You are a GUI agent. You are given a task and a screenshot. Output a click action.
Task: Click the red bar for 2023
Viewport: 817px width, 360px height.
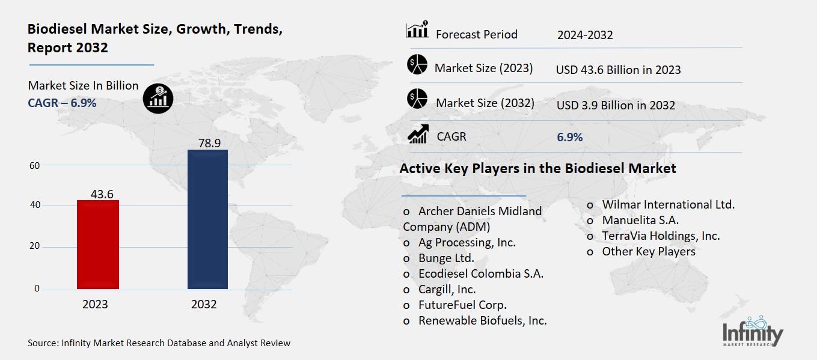[97, 245]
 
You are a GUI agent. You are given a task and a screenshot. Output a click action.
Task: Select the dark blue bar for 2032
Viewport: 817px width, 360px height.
[207, 219]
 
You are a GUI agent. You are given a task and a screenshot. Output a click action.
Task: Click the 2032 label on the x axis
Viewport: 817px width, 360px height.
[204, 304]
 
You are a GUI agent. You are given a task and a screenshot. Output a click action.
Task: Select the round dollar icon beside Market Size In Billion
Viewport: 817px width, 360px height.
[158, 97]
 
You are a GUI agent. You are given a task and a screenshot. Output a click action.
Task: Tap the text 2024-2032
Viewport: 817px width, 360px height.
[585, 35]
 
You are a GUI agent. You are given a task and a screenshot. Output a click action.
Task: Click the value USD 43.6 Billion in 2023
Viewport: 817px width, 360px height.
[618, 70]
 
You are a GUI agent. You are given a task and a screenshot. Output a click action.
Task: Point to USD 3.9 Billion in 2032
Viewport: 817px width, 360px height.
[616, 105]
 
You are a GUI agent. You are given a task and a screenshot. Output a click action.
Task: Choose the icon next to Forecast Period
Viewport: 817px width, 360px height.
[417, 29]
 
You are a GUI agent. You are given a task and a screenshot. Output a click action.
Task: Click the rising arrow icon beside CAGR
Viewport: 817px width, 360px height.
[417, 134]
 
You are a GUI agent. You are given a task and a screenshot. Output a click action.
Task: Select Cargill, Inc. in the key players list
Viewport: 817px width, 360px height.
[447, 289]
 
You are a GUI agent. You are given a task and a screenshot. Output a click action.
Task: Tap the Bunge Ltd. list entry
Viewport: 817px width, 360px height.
[446, 258]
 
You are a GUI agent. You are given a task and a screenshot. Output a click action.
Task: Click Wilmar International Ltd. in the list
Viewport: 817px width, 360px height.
[668, 204]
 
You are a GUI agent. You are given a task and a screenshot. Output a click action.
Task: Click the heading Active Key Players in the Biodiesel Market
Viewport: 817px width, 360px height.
[537, 168]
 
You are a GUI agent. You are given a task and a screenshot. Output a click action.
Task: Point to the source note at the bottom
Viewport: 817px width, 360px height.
[159, 343]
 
